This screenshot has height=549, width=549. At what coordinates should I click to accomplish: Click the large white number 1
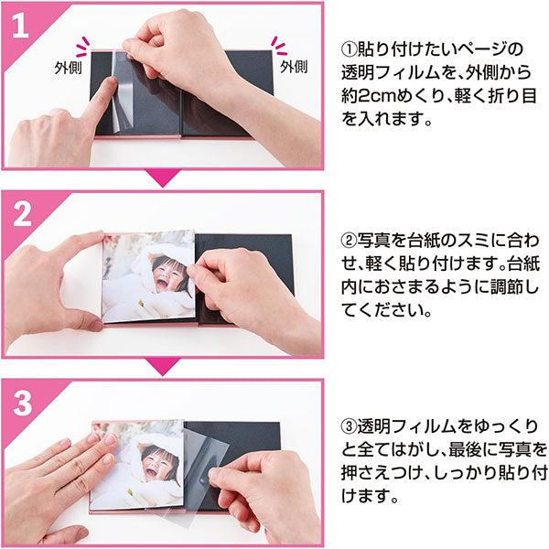point(20,26)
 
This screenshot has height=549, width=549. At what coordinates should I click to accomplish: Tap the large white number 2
point(22,214)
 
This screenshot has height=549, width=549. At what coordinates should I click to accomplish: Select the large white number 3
point(22,403)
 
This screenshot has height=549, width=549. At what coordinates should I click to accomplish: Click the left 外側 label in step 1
point(68,67)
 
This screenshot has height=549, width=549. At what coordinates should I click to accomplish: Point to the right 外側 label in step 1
point(294,67)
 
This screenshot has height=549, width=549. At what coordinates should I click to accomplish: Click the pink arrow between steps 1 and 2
point(163,178)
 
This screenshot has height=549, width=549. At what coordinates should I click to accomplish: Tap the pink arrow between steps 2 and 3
point(163,367)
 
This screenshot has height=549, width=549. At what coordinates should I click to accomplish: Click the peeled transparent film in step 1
point(123,91)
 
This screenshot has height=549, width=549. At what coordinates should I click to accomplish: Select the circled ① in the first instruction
point(350,49)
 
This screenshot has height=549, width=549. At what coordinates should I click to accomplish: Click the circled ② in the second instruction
point(350,241)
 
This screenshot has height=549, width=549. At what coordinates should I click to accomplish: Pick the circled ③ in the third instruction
point(350,426)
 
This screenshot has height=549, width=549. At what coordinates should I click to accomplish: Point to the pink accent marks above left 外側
point(83,47)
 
